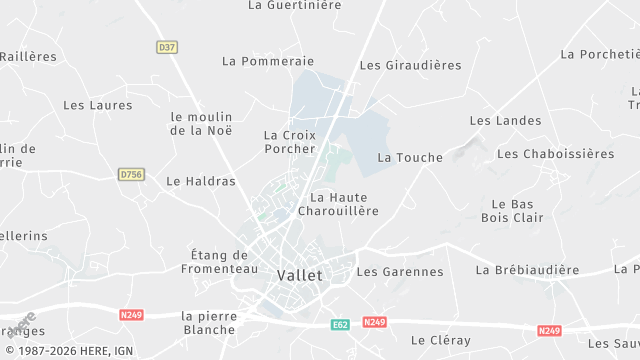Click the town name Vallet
(x=299, y=275)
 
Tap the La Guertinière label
(x=294, y=5)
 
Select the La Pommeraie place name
(x=268, y=61)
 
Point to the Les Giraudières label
(x=410, y=65)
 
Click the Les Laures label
(x=97, y=104)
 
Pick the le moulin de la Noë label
(x=201, y=123)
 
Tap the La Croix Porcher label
(x=289, y=142)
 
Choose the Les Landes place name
(x=505, y=121)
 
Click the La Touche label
(x=410, y=158)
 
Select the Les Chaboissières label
(x=555, y=154)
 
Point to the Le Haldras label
(x=201, y=182)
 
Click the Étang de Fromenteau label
(x=219, y=262)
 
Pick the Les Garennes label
(x=400, y=271)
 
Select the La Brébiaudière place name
(x=527, y=270)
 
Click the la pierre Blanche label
(x=209, y=322)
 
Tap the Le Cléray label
(x=440, y=340)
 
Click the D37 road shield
(x=167, y=47)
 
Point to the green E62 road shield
(x=340, y=324)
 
